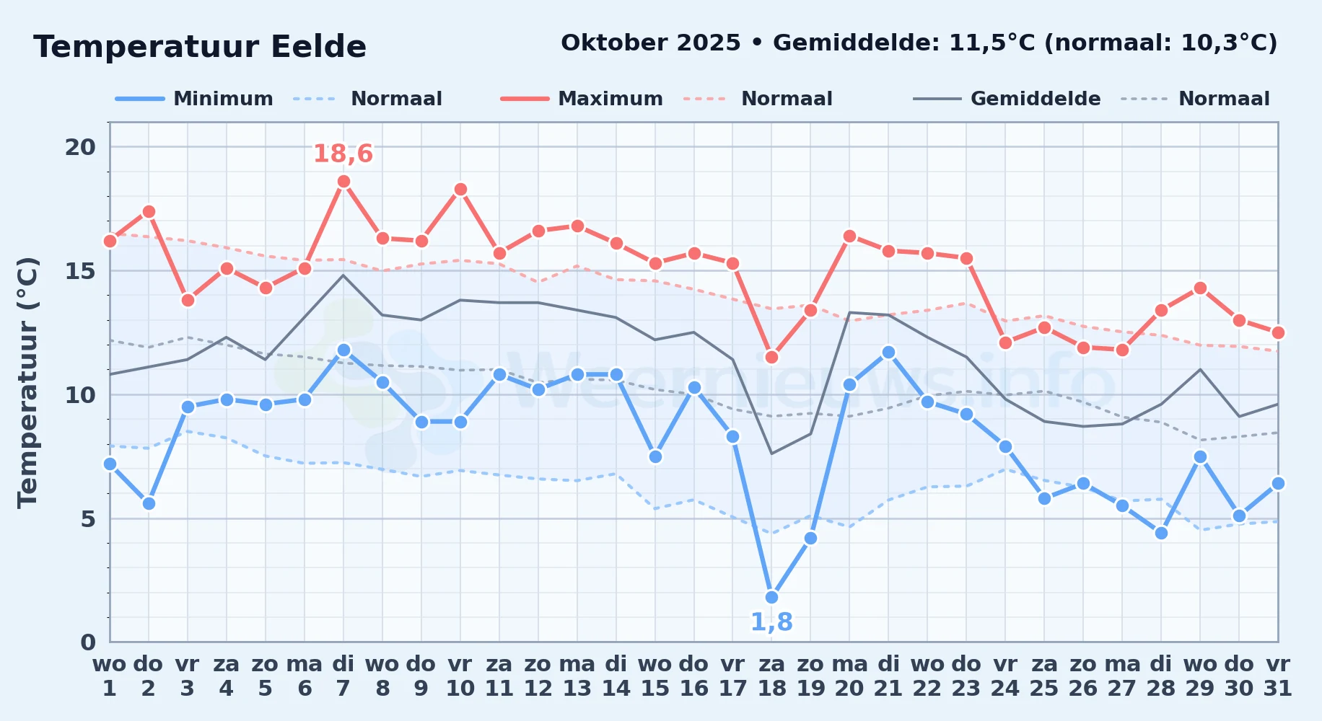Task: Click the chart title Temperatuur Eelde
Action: pos(200,47)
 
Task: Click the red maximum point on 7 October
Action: pos(343,182)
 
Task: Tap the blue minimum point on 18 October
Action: pos(771,597)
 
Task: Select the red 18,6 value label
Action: pos(343,154)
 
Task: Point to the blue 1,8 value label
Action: pos(771,622)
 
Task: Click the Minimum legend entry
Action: pos(195,99)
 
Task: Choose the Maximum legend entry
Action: pos(582,99)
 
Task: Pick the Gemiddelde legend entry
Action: pos(1007,99)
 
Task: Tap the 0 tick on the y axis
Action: pos(88,642)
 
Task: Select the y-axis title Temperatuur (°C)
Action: pos(27,383)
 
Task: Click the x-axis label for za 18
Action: pos(771,676)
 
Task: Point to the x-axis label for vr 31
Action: pos(1278,676)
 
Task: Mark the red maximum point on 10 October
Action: pos(460,190)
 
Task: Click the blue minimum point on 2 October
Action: pos(149,503)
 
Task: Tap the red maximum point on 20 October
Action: pos(849,236)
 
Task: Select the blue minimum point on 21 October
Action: pos(888,352)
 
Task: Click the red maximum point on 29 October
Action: pos(1200,288)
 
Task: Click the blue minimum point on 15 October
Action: pos(655,456)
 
